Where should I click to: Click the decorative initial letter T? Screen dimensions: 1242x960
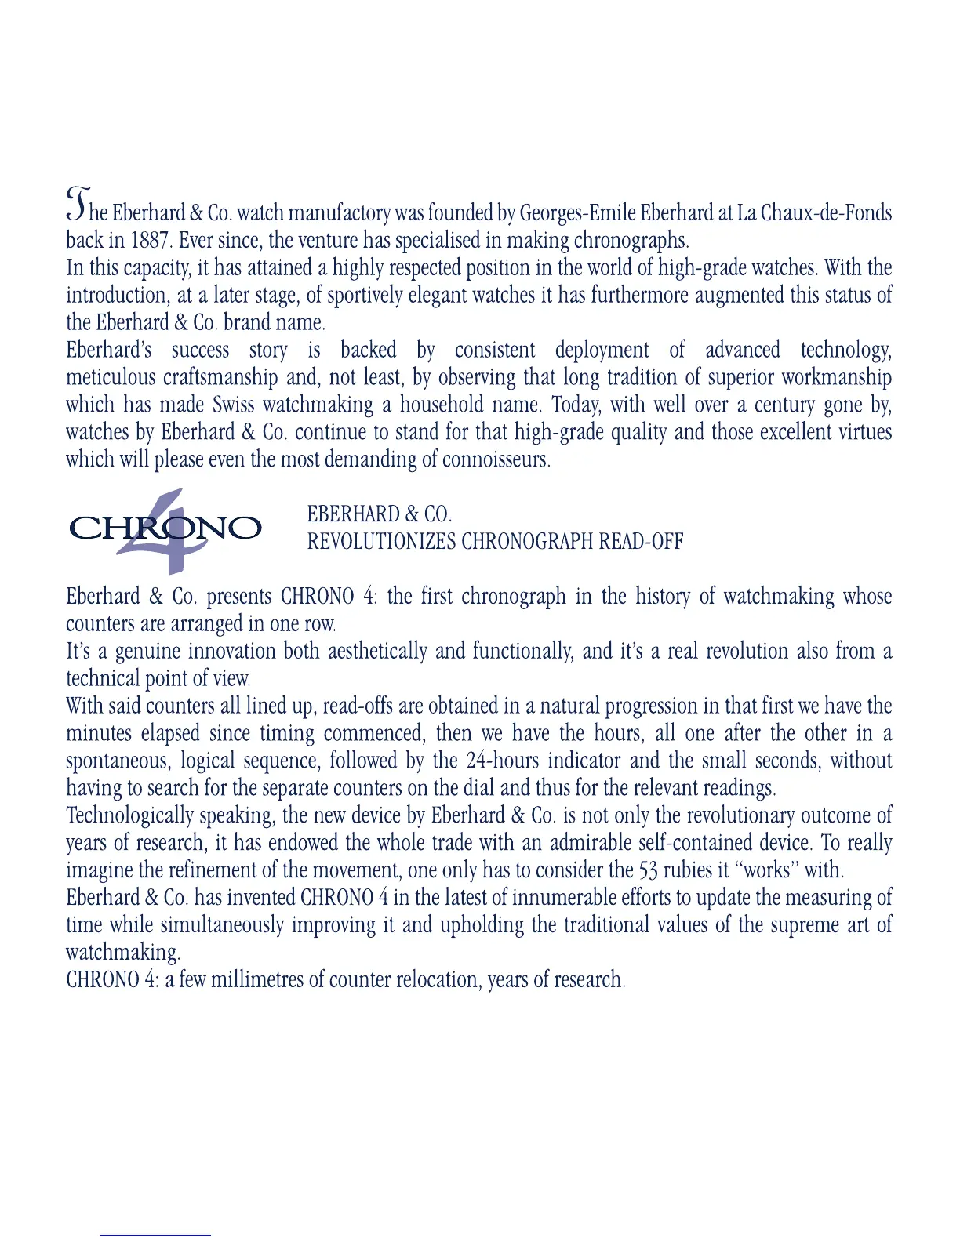[78, 204]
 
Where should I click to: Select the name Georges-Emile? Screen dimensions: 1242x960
[578, 213]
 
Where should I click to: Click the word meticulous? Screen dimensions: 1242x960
[111, 378]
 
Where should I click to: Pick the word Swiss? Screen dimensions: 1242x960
[235, 405]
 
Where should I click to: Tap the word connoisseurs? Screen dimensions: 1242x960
[496, 459]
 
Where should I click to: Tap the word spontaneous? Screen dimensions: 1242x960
[117, 761]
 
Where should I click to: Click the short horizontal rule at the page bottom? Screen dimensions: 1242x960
[155, 1235]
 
